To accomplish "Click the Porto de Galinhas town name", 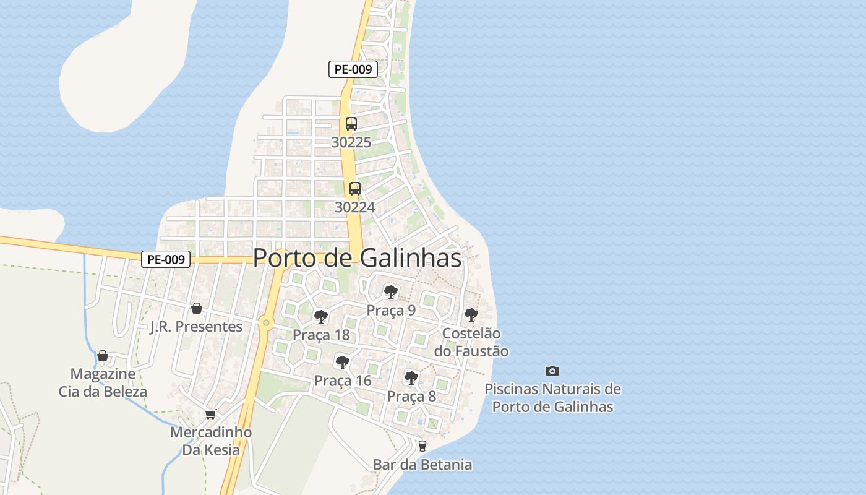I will [x=358, y=258].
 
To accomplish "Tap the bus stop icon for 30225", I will [x=351, y=123].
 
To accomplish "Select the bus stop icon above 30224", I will [x=354, y=189].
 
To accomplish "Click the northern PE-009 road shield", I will [x=353, y=69].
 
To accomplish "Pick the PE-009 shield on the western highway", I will [x=166, y=259].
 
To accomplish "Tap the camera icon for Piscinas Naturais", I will [x=552, y=371].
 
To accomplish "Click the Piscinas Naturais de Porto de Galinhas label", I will [x=552, y=398].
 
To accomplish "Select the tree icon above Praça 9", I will [x=390, y=291].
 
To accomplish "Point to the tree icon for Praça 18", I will [x=320, y=317].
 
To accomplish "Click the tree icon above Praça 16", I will [x=342, y=362].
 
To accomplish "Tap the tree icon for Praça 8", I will [x=411, y=377].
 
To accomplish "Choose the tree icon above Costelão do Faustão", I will [x=471, y=314].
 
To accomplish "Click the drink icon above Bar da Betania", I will [x=422, y=445].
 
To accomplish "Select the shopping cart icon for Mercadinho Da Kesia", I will [x=211, y=414].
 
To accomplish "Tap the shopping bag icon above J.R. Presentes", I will [x=197, y=308].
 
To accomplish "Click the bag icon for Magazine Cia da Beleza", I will [x=103, y=356].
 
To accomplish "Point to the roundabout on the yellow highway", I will [x=266, y=322].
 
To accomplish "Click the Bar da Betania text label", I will [x=422, y=465].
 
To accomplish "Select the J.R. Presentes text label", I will [x=196, y=327].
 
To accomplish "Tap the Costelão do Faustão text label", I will [x=471, y=342].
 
